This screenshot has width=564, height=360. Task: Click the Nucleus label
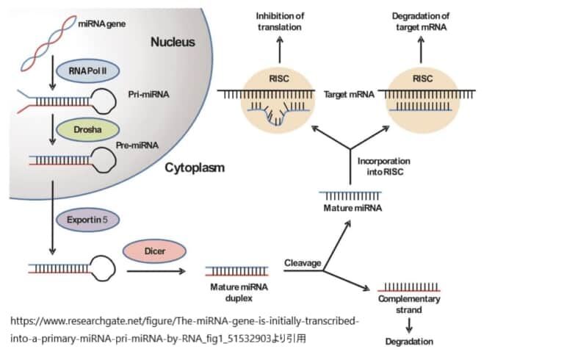click(173, 42)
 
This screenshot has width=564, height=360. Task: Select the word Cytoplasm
click(195, 168)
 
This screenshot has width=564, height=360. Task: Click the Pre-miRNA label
click(137, 146)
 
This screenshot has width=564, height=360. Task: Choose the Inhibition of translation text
click(280, 21)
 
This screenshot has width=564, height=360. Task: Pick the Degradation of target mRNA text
click(421, 21)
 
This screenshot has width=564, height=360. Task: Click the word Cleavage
click(303, 262)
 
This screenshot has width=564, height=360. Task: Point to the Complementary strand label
click(409, 304)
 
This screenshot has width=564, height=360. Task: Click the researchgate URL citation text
click(184, 330)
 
